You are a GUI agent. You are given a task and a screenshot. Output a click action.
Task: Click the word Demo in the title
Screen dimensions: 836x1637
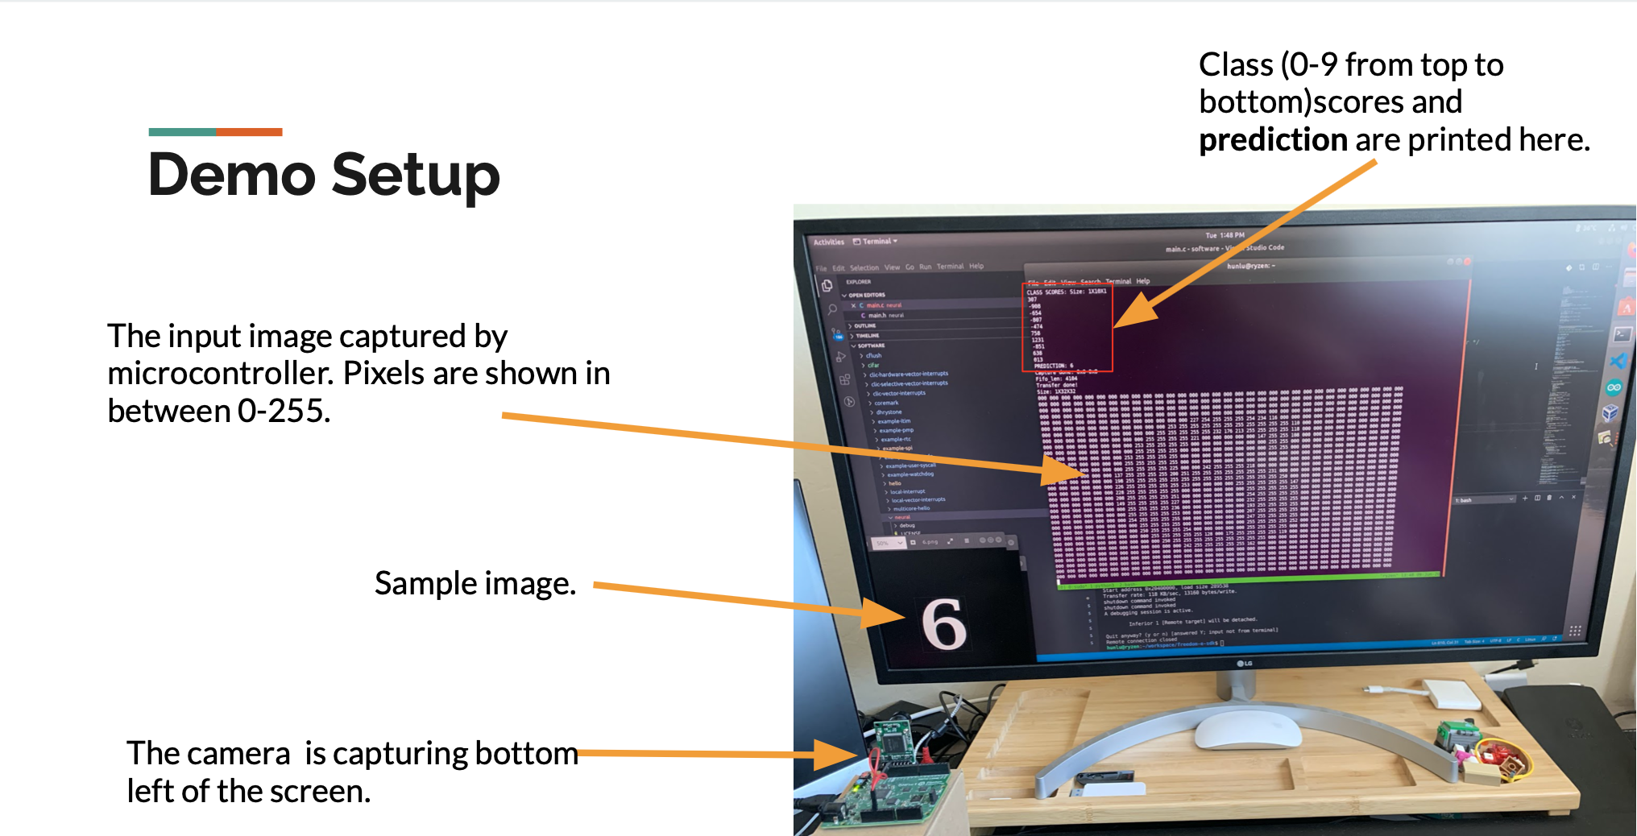[x=232, y=175]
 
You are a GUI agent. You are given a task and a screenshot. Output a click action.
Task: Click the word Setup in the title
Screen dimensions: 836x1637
[x=416, y=176]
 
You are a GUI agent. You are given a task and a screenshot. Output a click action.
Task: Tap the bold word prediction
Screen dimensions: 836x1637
[x=1273, y=140]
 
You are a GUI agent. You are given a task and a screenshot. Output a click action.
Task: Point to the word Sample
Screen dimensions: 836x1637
[x=425, y=583]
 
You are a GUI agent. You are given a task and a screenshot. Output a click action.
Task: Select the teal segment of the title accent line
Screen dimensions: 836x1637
[x=182, y=131]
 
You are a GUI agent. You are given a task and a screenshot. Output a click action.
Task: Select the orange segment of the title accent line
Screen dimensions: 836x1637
[x=249, y=131]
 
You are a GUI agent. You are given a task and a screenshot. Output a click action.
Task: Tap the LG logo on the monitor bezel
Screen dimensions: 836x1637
[x=1245, y=664]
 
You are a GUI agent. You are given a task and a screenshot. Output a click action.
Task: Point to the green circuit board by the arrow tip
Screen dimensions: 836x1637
[x=893, y=742]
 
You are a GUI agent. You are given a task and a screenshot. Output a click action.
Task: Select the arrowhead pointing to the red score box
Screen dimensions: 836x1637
[x=1136, y=311]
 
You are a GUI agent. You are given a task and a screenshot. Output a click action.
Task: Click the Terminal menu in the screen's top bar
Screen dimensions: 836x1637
[x=877, y=242]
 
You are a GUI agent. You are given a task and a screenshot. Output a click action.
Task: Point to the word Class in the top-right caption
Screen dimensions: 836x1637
[x=1236, y=65]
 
